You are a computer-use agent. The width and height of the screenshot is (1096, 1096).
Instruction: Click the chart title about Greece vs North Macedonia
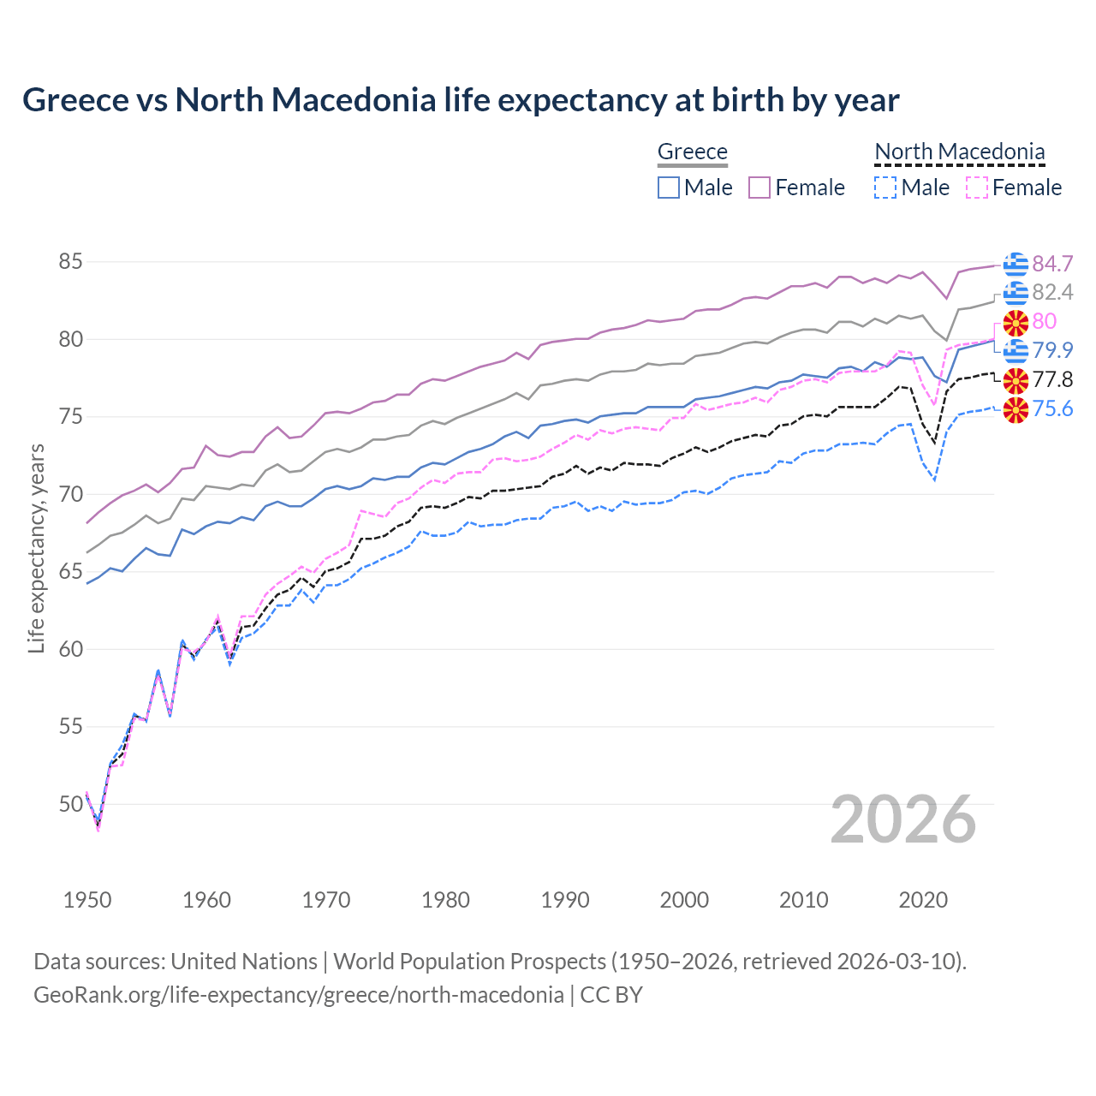[x=461, y=100]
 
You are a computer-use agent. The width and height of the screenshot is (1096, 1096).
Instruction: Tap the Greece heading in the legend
[x=692, y=152]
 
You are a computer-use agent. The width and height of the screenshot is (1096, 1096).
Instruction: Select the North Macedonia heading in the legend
[x=959, y=152]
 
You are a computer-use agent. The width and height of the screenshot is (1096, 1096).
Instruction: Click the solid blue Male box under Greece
[x=669, y=188]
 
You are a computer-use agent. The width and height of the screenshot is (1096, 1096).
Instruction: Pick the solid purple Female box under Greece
[x=759, y=188]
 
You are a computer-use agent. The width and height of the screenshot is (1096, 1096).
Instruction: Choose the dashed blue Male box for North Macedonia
[x=885, y=188]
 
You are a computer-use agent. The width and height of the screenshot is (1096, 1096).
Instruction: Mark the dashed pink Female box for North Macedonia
[x=977, y=188]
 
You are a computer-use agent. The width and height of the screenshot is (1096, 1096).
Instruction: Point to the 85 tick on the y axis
[x=70, y=261]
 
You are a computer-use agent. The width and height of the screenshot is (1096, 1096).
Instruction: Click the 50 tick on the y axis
[x=70, y=804]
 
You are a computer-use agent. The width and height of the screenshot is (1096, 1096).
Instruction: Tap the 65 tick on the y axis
[x=70, y=571]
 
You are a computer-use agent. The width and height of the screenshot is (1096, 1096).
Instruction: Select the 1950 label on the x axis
[x=87, y=900]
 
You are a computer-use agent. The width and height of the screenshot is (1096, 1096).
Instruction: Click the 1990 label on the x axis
[x=565, y=900]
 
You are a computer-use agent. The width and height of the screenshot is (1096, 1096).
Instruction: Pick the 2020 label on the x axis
[x=923, y=900]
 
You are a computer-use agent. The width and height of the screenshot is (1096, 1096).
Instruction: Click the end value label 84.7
[x=1052, y=264]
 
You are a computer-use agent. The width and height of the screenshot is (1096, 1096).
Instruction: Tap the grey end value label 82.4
[x=1052, y=293]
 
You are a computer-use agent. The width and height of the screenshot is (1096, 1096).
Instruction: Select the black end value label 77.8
[x=1052, y=379]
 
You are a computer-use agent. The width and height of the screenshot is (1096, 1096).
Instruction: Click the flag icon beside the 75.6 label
[x=1016, y=409]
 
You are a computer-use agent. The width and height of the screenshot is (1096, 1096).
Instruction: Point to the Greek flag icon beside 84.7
[x=1016, y=265]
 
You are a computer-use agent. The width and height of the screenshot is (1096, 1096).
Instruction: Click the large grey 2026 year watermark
[x=902, y=819]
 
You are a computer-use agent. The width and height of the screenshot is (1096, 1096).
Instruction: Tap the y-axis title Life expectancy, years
[x=36, y=548]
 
